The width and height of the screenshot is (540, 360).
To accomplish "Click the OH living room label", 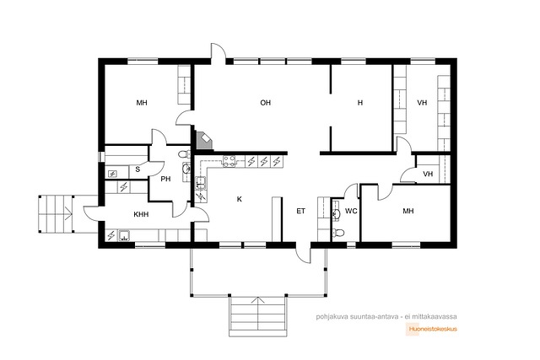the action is pos(265,103).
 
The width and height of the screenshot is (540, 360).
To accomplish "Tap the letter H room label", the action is pos(360,103).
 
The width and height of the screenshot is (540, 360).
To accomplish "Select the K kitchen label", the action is pos(240,199).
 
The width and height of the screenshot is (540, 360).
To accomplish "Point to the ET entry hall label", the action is pos(300,211).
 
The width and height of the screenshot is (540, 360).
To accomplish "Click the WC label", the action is pos(351,211).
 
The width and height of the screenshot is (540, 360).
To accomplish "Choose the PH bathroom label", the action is pos(165,179).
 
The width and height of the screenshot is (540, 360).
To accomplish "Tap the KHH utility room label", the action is pos(141,214).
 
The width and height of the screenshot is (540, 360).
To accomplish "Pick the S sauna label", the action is pos(138,169).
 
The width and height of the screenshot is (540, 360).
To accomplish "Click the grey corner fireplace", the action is pos(204,141).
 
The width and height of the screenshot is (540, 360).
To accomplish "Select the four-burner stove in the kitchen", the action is pos(229,161).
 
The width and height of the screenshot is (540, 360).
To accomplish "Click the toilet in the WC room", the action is pos(337,233).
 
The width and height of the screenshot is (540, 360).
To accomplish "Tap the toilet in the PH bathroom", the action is pos(185,153).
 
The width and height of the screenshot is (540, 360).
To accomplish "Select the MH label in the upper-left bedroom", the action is pos(142,103).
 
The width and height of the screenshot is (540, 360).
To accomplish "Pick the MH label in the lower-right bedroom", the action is pos(408,211).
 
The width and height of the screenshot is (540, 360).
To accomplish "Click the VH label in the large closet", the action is pos(422,103).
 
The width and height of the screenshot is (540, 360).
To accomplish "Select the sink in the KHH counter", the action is pos(124,236).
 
